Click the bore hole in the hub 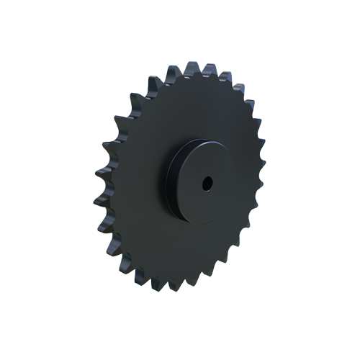tap(207, 183)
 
